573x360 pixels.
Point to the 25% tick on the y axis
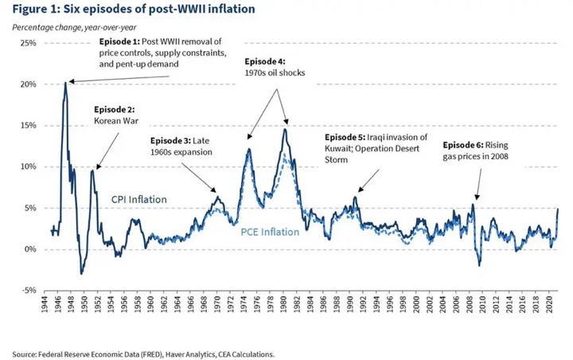click(27, 42)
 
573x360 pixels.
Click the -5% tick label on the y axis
click(27, 291)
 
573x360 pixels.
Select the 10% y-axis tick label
click(27, 166)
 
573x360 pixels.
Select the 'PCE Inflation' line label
click(269, 233)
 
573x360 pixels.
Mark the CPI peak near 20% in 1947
click(65, 83)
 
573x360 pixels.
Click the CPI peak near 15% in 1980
click(285, 129)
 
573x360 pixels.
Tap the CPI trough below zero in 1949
click(81, 273)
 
